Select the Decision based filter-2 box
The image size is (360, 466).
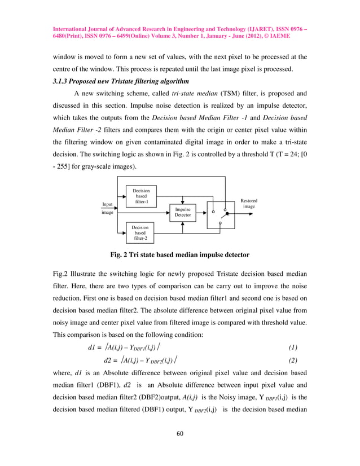pyautogui.click(x=140, y=231)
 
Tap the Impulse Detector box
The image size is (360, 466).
pyautogui.click(x=183, y=212)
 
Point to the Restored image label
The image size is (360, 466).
pyautogui.click(x=249, y=203)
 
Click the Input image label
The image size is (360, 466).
pyautogui.click(x=107, y=208)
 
